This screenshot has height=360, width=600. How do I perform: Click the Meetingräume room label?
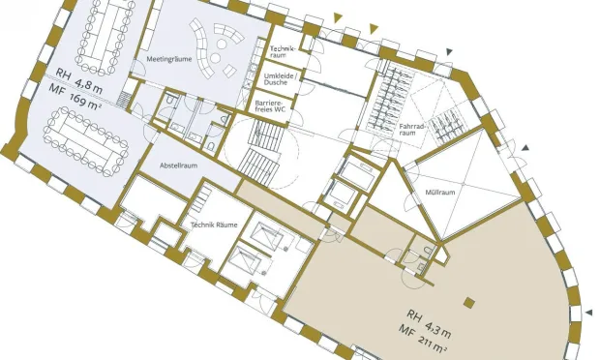pyautogui.click(x=169, y=59)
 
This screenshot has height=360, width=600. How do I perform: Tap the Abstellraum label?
pyautogui.click(x=179, y=165)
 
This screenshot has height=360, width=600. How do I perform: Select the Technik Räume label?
pyautogui.click(x=214, y=225)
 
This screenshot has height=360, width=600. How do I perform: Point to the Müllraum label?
pyautogui.click(x=440, y=192)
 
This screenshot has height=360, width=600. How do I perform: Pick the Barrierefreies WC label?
pyautogui.click(x=271, y=106)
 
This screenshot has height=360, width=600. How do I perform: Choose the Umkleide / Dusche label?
pyautogui.click(x=280, y=79)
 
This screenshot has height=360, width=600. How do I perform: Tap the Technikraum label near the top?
pyautogui.click(x=283, y=52)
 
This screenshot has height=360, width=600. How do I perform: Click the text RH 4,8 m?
pyautogui.click(x=78, y=81)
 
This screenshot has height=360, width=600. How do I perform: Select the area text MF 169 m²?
pyautogui.click(x=75, y=98)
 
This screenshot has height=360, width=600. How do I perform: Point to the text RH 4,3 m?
pyautogui.click(x=429, y=324)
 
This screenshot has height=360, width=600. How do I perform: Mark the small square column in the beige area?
pyautogui.click(x=469, y=303)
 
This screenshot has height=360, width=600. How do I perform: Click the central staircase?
pyautogui.click(x=261, y=152)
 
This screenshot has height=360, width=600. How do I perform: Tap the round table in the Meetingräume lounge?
pyautogui.click(x=216, y=58)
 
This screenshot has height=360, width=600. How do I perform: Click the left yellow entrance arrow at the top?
pyautogui.click(x=338, y=17)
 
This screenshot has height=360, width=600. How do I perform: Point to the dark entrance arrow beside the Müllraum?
pyautogui.click(x=525, y=147)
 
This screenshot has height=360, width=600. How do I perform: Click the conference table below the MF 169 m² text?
pyautogui.click(x=86, y=141)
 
